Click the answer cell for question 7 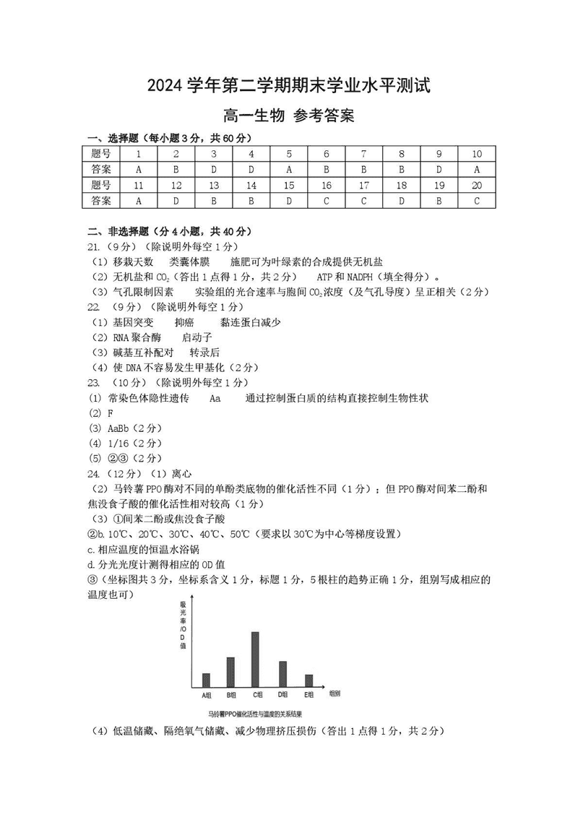(364, 170)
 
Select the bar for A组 (206, 680)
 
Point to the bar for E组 (309, 681)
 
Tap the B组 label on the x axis (231, 695)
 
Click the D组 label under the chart (282, 695)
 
